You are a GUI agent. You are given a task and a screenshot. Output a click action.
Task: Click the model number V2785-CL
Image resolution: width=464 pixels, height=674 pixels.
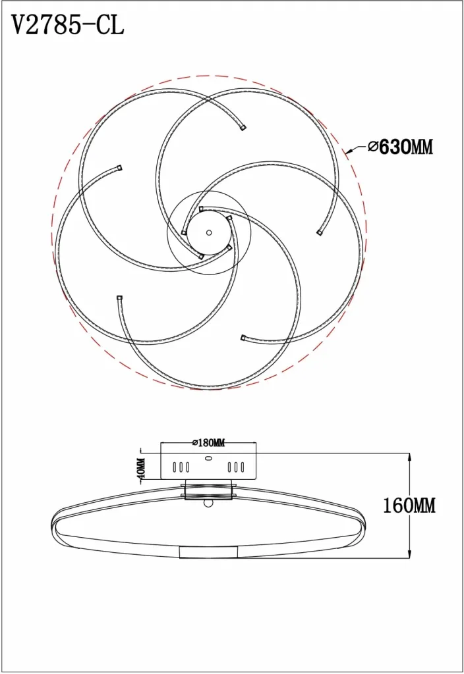point(67,25)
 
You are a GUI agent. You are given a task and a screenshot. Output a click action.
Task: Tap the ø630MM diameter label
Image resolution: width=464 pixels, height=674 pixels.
point(400,147)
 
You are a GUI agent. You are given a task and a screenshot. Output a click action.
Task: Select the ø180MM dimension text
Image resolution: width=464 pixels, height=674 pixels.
point(209,442)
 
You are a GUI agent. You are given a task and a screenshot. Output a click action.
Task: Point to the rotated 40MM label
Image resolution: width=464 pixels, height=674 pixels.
point(141,469)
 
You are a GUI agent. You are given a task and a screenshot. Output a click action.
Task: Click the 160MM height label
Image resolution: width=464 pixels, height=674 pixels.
point(409,505)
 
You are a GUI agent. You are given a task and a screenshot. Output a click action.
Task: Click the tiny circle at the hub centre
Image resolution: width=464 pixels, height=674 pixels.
point(209,232)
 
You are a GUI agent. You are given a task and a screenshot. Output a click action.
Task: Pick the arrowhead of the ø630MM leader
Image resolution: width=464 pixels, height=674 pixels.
point(349,151)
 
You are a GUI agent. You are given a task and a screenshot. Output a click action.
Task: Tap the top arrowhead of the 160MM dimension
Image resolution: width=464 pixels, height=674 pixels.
point(409,457)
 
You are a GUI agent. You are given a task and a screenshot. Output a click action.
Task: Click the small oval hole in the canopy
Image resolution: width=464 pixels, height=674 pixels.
point(209,458)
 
